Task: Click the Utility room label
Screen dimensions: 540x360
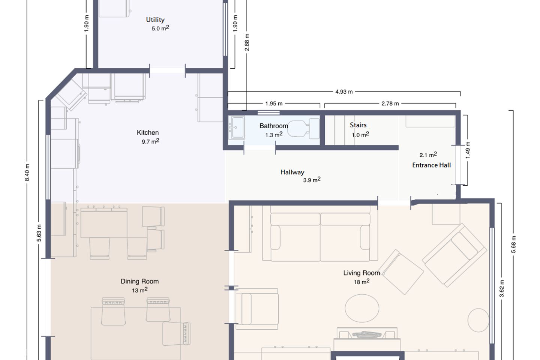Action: tap(155, 20)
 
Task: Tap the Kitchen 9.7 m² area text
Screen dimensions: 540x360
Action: tap(150, 141)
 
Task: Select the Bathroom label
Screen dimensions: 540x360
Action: tap(274, 126)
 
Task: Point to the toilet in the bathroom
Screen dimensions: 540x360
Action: tap(303, 129)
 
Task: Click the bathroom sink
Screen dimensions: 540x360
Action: tap(237, 128)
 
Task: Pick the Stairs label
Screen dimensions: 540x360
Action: tap(358, 125)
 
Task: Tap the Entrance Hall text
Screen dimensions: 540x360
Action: tap(431, 165)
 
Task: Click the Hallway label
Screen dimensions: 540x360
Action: tap(292, 172)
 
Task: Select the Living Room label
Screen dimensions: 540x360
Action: tap(361, 273)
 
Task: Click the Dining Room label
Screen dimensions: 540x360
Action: tap(139, 281)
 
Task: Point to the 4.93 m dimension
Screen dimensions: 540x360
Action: tap(344, 91)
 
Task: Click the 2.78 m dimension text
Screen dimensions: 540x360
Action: tap(390, 103)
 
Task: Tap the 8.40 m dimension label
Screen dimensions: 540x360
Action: tap(27, 172)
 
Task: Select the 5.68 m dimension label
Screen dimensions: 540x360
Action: tap(513, 244)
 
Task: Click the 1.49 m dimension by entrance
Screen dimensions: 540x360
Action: tap(468, 150)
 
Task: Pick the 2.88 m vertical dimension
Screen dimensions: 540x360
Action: tap(247, 42)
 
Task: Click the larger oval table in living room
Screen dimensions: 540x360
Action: tap(362, 308)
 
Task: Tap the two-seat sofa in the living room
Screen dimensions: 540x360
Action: tap(320, 233)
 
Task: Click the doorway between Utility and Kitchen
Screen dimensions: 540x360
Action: tap(167, 70)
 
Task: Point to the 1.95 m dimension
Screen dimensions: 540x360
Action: tap(274, 103)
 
